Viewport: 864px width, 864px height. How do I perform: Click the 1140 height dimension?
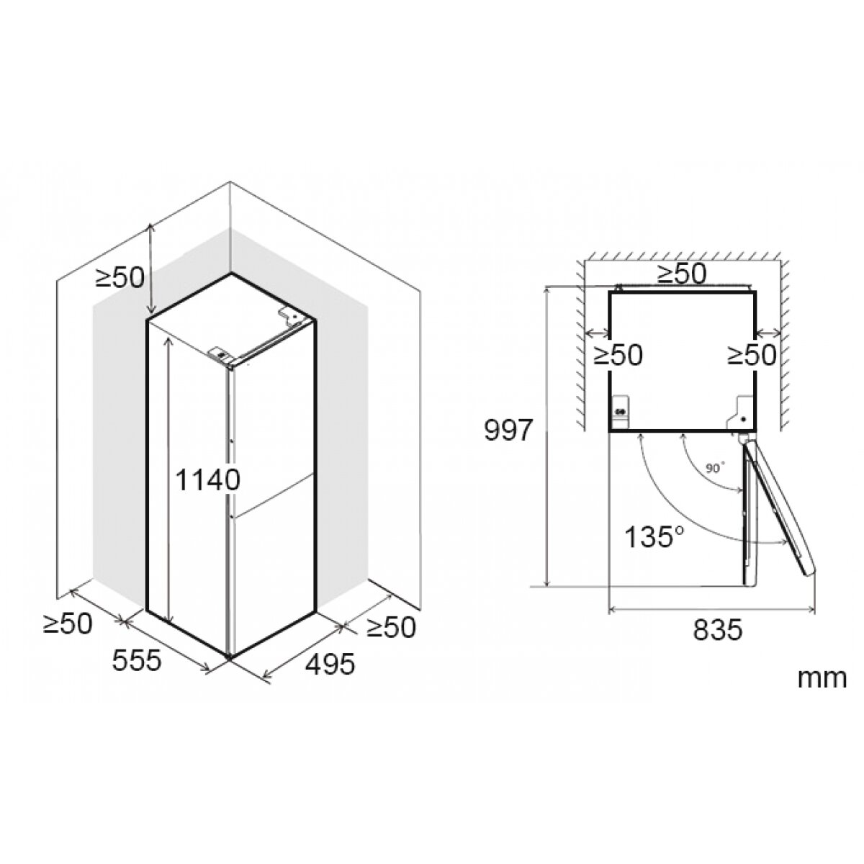point(207,480)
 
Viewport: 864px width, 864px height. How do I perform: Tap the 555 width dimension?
point(136,660)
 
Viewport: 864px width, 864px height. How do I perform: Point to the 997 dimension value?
point(508,431)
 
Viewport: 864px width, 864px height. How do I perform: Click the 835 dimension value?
point(718,629)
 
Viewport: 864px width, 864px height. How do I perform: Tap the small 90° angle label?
point(715,468)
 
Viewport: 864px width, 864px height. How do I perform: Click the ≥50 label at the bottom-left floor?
point(68,623)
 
